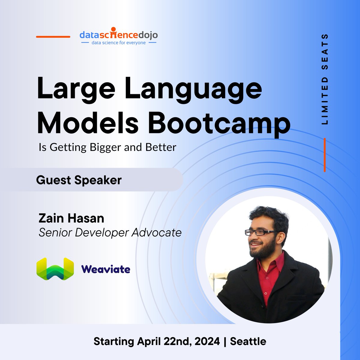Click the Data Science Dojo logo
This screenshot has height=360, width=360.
click(x=118, y=35)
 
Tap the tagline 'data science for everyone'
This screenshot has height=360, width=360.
click(x=118, y=43)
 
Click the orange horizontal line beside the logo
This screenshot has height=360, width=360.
click(x=53, y=37)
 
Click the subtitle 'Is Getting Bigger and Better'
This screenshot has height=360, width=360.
click(x=107, y=147)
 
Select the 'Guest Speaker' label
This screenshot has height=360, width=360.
click(x=79, y=180)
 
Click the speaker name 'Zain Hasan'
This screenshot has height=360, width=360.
click(x=71, y=218)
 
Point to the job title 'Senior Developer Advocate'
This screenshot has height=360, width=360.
click(x=110, y=232)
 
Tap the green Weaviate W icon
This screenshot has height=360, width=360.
click(x=55, y=269)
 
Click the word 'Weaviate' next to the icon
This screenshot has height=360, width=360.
click(x=106, y=269)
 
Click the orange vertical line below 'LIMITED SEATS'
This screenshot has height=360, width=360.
click(x=325, y=155)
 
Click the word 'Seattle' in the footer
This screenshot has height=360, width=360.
click(x=248, y=341)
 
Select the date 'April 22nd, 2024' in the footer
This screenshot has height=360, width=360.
click(x=178, y=341)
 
